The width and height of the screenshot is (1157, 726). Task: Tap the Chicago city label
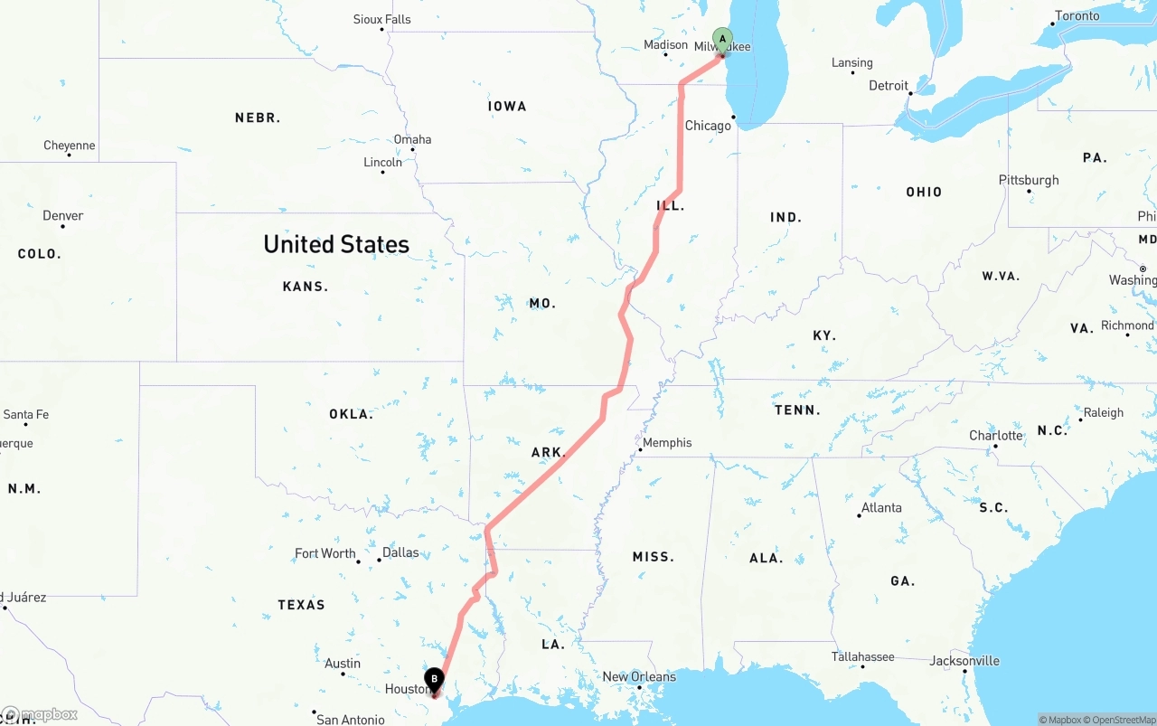708,126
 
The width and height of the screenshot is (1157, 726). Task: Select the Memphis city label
667,442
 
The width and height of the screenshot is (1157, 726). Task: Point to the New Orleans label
639,676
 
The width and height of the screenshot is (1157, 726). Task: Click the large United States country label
336,244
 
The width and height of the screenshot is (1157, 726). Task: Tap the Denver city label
63,215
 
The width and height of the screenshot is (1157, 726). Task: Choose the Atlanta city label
881,507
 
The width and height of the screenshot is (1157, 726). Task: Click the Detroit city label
889,86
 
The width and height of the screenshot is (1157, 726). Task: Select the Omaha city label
412,139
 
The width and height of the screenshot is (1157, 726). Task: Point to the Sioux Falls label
381,19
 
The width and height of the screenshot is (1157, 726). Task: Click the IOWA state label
507,106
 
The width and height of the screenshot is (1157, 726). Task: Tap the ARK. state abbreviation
549,452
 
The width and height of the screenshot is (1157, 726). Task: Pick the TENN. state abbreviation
797,410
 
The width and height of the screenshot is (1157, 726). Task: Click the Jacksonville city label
964,661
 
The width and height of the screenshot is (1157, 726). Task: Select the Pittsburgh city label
1029,180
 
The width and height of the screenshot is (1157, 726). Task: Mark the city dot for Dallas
379,561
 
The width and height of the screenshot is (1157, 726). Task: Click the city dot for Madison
666,55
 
